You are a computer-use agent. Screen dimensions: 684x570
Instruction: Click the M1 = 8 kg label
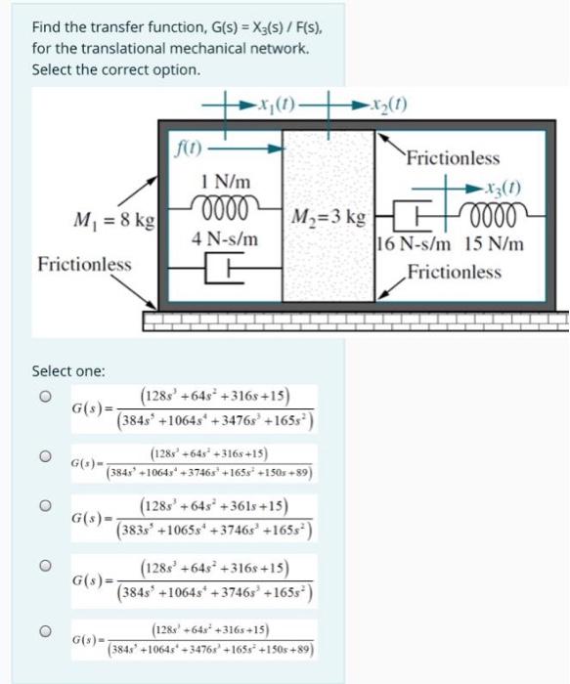click(107, 221)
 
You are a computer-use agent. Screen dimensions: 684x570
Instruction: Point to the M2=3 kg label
click(329, 215)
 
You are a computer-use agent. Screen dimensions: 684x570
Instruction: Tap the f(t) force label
click(185, 150)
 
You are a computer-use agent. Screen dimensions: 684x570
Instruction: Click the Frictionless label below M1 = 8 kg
click(84, 265)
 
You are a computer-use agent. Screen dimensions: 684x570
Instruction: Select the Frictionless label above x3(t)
click(452, 157)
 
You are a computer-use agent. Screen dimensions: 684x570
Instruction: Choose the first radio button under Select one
click(42, 398)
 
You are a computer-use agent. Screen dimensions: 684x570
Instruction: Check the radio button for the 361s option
click(42, 507)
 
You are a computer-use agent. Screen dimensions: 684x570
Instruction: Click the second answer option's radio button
click(42, 454)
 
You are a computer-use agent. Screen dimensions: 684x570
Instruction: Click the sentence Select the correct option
click(115, 70)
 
